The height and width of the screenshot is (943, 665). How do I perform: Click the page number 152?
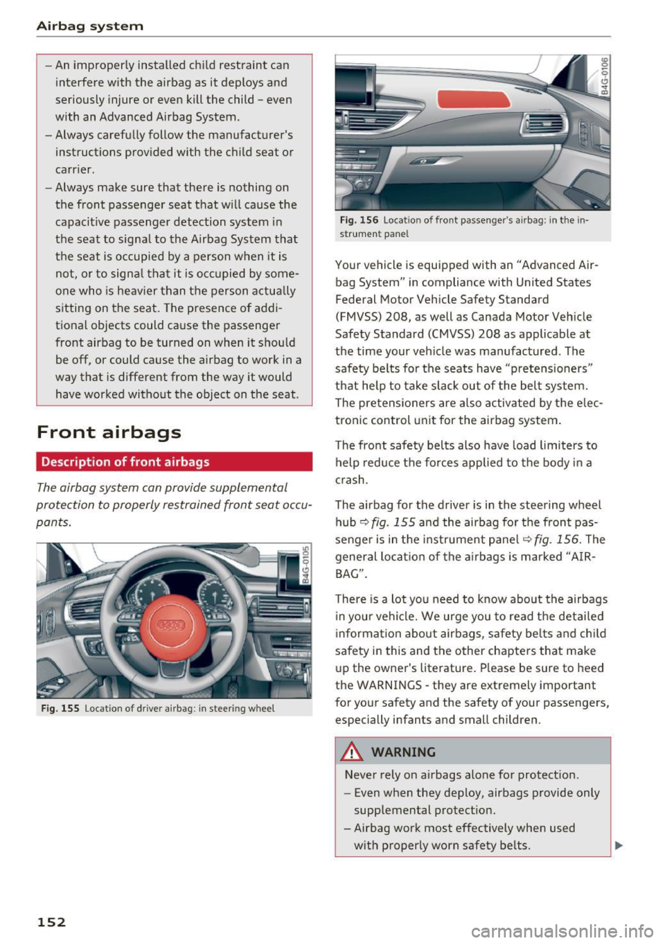[x=51, y=922]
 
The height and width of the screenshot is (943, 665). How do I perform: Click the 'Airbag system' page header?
[x=90, y=26]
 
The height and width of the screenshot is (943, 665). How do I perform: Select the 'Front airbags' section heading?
[x=109, y=432]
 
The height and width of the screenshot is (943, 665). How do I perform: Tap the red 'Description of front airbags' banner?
[x=174, y=462]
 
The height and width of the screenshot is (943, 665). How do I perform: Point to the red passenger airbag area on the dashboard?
[x=474, y=99]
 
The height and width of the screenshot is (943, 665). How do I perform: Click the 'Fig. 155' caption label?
[x=59, y=708]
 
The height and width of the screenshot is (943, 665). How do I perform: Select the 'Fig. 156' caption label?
[x=359, y=220]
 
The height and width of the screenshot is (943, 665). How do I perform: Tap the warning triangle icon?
[x=354, y=752]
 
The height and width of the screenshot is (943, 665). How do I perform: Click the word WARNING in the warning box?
[x=403, y=752]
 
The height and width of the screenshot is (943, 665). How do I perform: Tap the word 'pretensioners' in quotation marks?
[x=551, y=369]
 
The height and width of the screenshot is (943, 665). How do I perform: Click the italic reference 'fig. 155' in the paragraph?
[x=393, y=522]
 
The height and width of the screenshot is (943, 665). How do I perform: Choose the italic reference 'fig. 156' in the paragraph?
[x=558, y=540]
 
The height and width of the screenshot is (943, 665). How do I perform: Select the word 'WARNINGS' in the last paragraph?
[x=389, y=685]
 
